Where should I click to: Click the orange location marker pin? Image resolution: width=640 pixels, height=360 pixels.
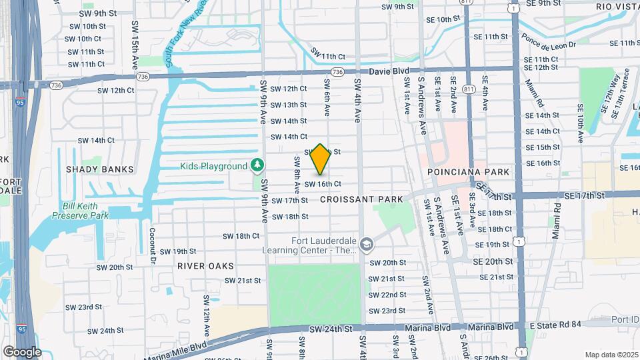click(321, 159)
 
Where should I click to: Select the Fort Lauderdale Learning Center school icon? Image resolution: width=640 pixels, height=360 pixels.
click(365, 245)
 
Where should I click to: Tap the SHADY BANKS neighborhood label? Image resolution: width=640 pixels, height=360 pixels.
click(99, 169)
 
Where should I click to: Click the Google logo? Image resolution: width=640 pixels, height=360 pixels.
click(22, 351)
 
